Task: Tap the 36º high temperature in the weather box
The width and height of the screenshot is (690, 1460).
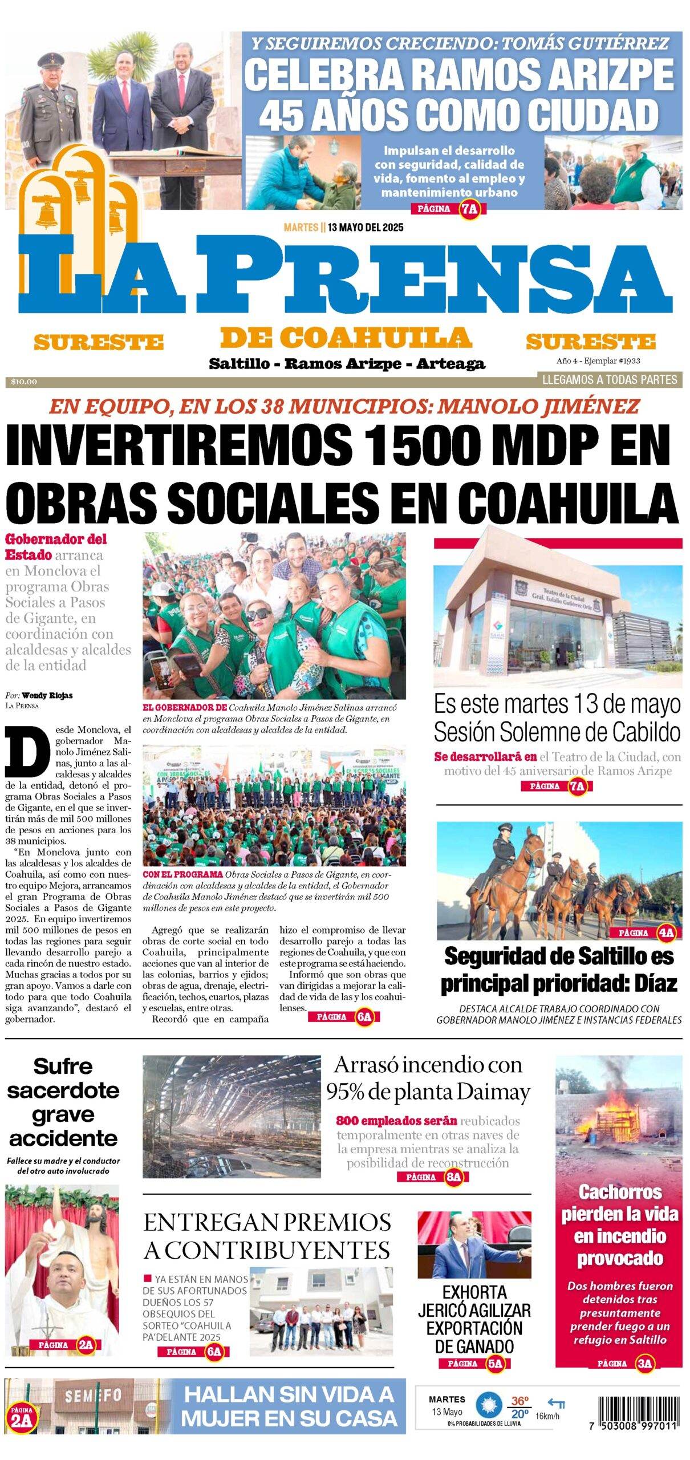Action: point(519,1401)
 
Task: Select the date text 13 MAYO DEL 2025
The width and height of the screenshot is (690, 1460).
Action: point(366,228)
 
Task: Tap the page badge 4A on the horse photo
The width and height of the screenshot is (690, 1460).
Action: point(665,933)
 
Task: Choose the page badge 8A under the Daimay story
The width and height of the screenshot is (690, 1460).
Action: point(453,1178)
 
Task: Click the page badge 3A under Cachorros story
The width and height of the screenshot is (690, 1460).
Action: point(644,1364)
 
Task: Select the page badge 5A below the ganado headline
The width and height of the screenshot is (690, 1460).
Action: point(495,1364)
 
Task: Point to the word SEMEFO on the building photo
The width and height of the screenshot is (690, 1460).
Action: point(93,1396)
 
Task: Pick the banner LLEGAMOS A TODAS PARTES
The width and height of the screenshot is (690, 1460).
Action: point(609,380)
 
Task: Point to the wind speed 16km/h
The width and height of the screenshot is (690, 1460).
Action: point(547,1416)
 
